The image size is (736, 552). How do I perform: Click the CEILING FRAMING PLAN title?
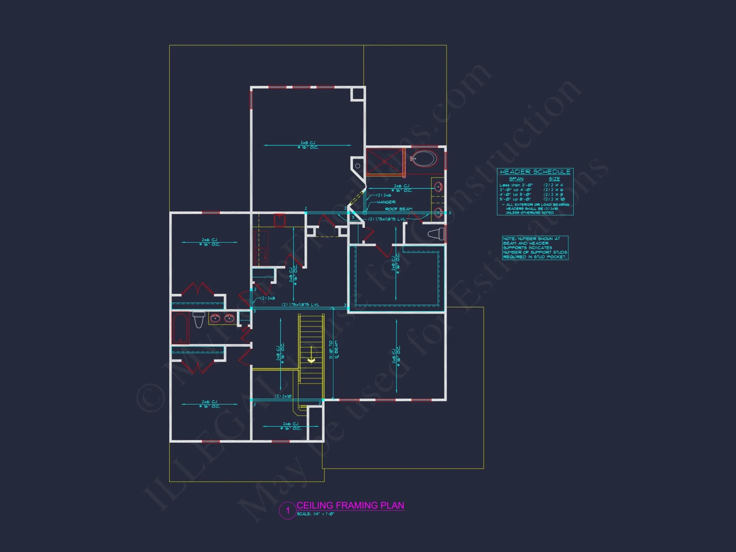point(350,505)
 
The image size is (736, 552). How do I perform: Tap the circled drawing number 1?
point(288,511)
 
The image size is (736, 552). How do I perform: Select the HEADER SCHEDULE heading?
point(535,172)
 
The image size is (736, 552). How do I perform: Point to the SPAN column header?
point(516,179)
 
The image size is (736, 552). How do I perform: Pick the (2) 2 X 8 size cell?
point(553,194)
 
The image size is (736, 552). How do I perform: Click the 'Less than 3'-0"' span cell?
point(516,185)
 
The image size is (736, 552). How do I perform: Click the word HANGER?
point(386,202)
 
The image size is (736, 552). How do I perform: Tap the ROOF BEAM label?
point(399,209)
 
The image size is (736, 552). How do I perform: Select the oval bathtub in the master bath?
point(424,159)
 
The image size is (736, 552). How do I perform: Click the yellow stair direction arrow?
point(311,360)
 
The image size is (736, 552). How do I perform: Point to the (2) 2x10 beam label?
point(283,396)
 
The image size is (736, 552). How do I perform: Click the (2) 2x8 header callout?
point(268,298)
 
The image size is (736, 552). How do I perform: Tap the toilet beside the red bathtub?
point(199,319)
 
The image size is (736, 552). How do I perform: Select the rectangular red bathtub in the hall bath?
point(180,328)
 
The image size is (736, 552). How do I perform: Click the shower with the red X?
point(385,162)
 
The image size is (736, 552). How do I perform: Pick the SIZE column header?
point(554,179)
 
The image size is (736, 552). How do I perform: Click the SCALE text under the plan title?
point(315,514)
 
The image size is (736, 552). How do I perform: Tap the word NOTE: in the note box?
point(509,239)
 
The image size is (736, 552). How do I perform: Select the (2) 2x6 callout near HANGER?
point(383,195)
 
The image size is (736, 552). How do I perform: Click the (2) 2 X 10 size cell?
point(554,199)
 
